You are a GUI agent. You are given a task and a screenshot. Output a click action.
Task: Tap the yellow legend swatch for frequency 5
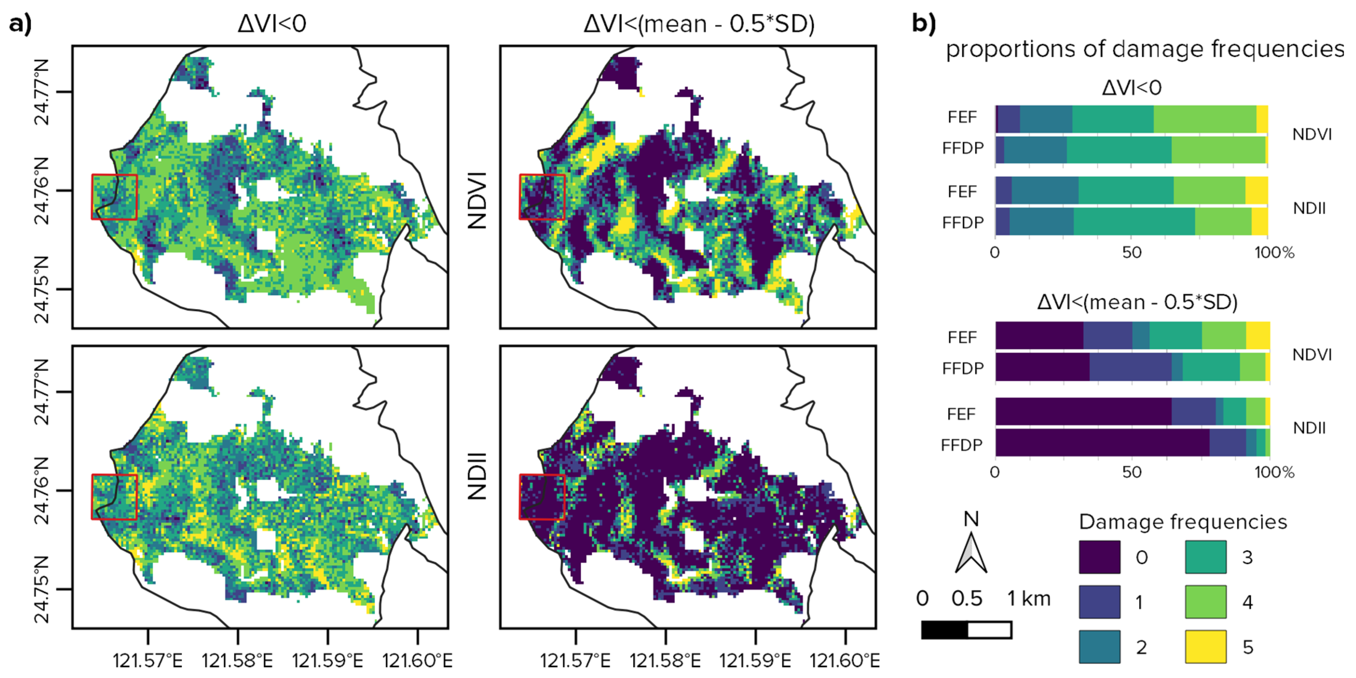click(x=1205, y=647)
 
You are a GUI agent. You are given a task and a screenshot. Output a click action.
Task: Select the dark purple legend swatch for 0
click(x=1099, y=557)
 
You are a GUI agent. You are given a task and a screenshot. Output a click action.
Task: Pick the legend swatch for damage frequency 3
click(x=1205, y=557)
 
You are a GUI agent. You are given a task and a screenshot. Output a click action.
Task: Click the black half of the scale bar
click(x=945, y=630)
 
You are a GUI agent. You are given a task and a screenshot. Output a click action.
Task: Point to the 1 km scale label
click(x=1029, y=599)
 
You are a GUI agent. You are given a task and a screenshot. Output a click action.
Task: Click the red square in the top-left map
click(x=114, y=197)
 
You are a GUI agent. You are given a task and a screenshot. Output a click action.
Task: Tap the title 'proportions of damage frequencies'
click(x=1144, y=49)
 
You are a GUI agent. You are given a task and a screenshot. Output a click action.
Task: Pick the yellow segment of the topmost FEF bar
click(x=1262, y=119)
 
